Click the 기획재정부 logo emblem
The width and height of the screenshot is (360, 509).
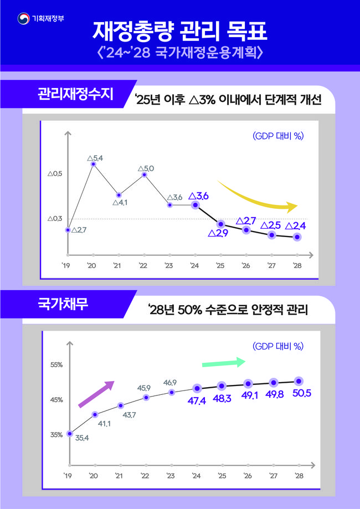[24, 19]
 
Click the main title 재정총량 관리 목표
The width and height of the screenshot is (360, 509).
[180, 32]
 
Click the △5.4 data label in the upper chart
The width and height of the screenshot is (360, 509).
[95, 158]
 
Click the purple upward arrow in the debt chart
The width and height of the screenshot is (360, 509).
[95, 394]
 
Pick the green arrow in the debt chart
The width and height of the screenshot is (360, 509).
[223, 363]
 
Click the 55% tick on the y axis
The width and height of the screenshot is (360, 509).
[56, 365]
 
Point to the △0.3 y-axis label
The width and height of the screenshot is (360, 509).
[55, 219]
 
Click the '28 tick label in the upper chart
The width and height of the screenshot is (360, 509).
[297, 266]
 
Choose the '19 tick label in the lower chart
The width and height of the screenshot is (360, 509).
[68, 475]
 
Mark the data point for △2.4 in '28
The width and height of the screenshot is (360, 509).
[297, 237]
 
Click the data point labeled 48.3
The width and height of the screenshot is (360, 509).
[222, 385]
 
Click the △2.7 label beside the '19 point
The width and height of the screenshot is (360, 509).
[79, 229]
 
